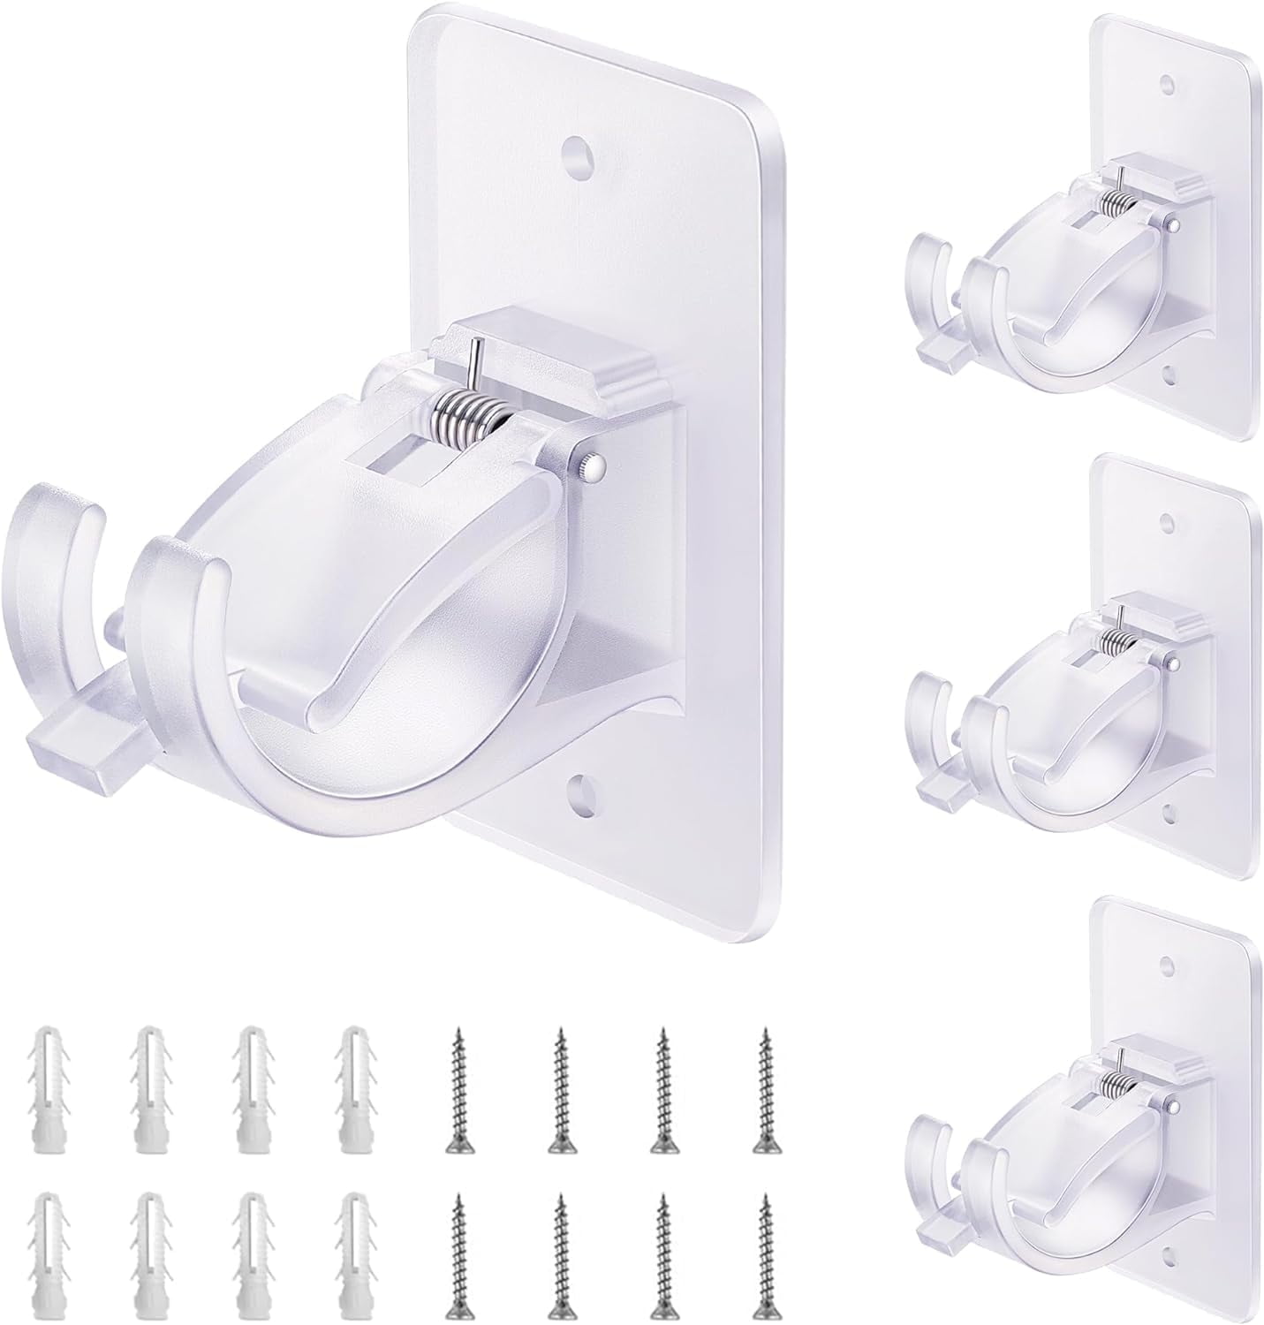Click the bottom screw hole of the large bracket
point(581,784)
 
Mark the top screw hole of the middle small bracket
point(1169,520)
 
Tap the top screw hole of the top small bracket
point(1169,85)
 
